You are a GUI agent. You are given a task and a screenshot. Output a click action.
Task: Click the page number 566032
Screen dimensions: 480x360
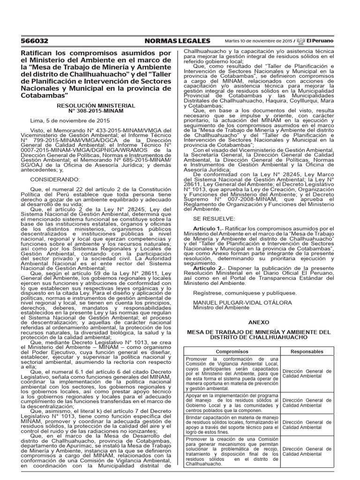click(x=35, y=41)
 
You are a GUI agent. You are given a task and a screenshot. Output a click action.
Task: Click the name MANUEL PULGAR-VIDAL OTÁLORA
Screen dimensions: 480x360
click(x=242, y=303)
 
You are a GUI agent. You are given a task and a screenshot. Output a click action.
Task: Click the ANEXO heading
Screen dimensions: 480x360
click(x=259, y=322)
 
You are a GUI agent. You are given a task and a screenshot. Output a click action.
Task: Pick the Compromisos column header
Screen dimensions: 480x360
click(x=232, y=351)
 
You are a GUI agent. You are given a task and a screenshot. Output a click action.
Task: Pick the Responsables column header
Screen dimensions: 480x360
click(x=307, y=351)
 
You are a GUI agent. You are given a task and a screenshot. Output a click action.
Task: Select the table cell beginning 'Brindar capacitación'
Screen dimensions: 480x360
click(x=232, y=424)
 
